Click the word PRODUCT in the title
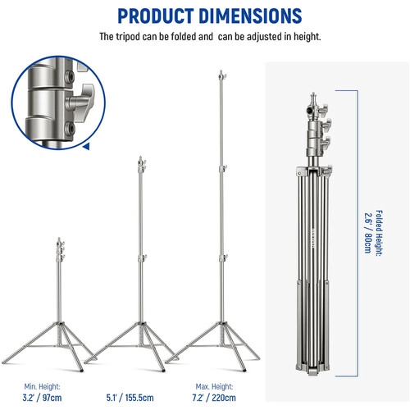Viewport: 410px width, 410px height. pyautogui.click(x=155, y=16)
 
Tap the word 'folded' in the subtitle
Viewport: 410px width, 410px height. pyautogui.click(x=184, y=36)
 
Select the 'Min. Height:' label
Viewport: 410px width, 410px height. pyautogui.click(x=42, y=386)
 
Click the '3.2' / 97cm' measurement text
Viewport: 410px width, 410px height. pyautogui.click(x=42, y=398)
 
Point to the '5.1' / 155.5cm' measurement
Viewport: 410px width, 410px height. pyautogui.click(x=130, y=398)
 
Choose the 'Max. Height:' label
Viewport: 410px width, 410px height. pyautogui.click(x=214, y=386)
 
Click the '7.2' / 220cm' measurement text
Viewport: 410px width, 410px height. pyautogui.click(x=214, y=398)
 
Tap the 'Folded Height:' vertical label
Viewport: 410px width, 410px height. pyautogui.click(x=379, y=233)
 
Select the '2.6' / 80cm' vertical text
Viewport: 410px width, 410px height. pyautogui.click(x=368, y=233)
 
